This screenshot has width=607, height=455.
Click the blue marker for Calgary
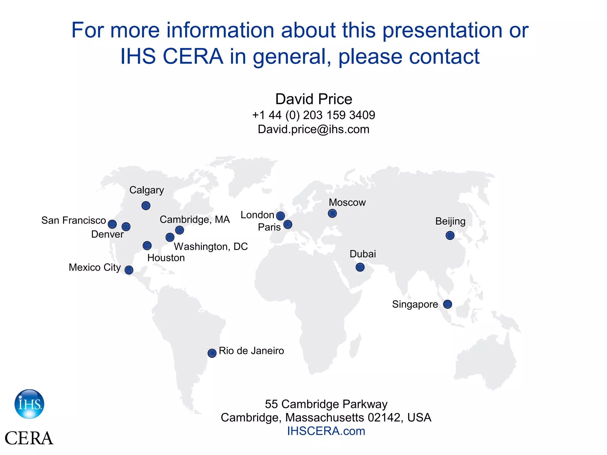pyautogui.click(x=146, y=206)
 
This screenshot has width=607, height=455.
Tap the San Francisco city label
pyautogui.click(x=74, y=220)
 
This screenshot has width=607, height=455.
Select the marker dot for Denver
pyautogui.click(x=126, y=227)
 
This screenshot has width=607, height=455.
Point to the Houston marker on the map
pyautogui.click(x=147, y=246)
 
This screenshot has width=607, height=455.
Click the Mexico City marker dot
pyautogui.click(x=129, y=270)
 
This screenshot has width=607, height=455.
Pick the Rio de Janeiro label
pyautogui.click(x=251, y=351)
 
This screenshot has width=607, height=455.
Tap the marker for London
pyautogui.click(x=280, y=216)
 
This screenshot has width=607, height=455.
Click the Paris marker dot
pyautogui.click(x=288, y=225)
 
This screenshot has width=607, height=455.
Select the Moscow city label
pyautogui.click(x=347, y=202)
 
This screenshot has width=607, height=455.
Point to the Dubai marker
pyautogui.click(x=360, y=267)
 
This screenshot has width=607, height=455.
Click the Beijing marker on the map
pyautogui.click(x=450, y=235)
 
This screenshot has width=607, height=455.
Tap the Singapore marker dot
pyautogui.click(x=448, y=304)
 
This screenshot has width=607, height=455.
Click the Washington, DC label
pyautogui.click(x=211, y=246)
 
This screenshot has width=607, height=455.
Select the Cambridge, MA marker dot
pyautogui.click(x=180, y=230)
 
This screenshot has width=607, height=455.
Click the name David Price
pyautogui.click(x=314, y=99)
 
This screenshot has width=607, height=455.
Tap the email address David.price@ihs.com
pyautogui.click(x=314, y=129)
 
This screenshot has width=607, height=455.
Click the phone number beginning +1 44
pyautogui.click(x=314, y=115)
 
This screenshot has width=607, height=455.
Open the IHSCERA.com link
pyautogui.click(x=326, y=431)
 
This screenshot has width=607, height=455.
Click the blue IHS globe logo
pyautogui.click(x=29, y=404)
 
